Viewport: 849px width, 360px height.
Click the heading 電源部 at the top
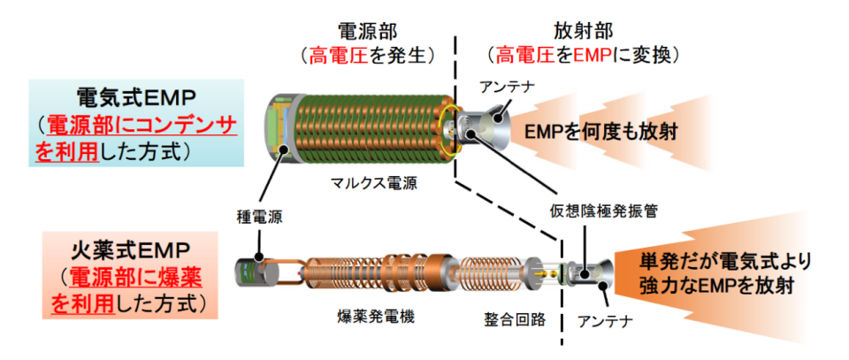[x=367, y=32]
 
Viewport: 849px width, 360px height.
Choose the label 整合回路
[x=515, y=319]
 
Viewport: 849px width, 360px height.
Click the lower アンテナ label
[x=605, y=322]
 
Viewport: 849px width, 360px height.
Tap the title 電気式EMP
[x=135, y=99]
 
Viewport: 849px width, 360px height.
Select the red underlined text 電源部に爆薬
[x=136, y=280]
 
